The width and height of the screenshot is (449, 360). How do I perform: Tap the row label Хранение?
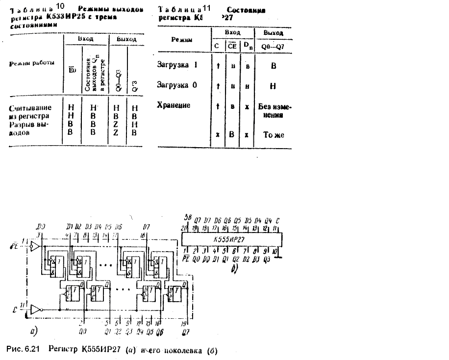(174, 105)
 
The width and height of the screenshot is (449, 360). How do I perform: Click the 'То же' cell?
(273, 134)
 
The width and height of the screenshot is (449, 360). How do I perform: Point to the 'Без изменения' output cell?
(273, 111)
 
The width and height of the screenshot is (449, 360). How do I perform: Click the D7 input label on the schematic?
(146, 227)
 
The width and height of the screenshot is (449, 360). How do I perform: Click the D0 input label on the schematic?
(42, 227)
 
